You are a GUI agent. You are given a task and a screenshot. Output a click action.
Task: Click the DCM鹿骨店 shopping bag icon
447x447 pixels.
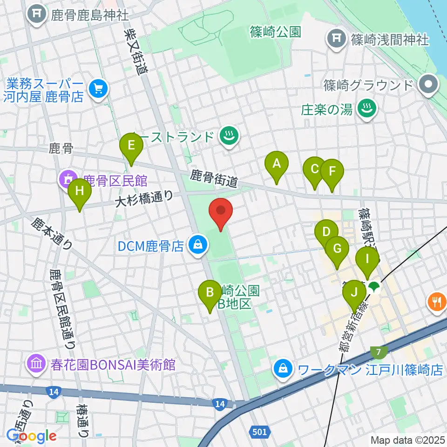(x=198, y=244)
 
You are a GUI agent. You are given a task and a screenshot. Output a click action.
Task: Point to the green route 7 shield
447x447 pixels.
(x=376, y=352)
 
